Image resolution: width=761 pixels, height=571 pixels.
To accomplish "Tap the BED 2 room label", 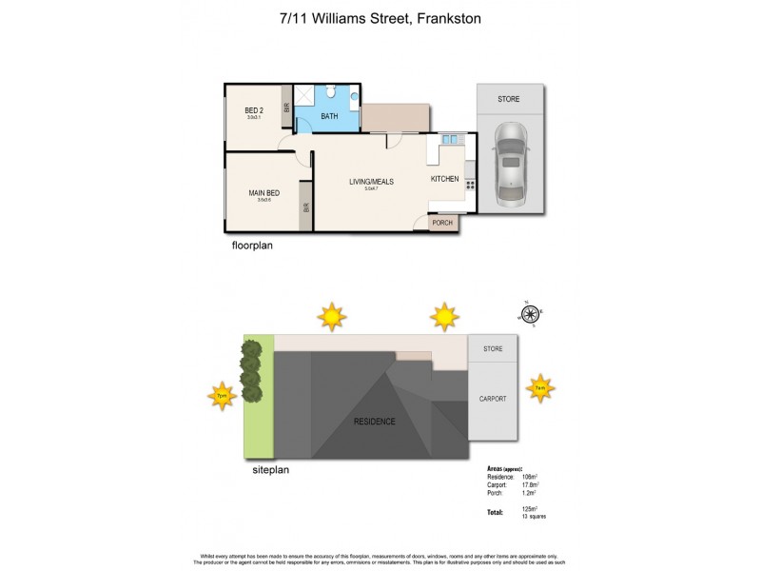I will pos(253,110).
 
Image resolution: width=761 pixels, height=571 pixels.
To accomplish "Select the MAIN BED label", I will pos(263,191).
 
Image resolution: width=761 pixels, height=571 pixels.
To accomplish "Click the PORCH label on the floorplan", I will pos(443,224).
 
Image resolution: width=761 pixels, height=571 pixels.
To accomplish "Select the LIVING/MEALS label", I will pos(369,181).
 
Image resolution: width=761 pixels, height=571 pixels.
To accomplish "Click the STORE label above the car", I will pos(511,99).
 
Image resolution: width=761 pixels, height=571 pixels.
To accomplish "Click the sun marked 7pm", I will pos(222,395).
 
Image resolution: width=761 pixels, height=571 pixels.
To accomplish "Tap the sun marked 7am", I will pos(539,387).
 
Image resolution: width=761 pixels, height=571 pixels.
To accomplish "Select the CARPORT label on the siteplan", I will pos(493,399).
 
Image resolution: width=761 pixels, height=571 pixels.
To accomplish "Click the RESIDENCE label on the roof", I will pos(374,421).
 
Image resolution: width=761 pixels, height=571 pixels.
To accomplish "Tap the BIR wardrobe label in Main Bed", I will pos(306,207).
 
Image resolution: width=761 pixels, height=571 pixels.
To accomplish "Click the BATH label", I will pos(329,116).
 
